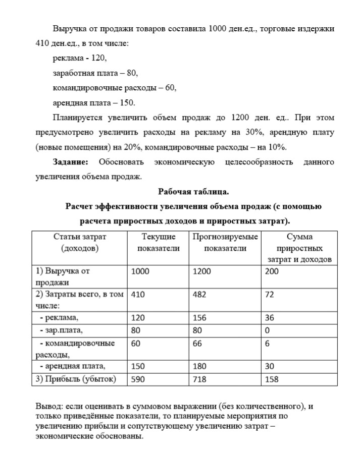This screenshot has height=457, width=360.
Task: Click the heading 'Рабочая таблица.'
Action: coord(193,192)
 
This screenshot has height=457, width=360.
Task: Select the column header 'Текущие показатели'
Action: coord(158,242)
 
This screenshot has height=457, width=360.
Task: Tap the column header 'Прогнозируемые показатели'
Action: coord(225,242)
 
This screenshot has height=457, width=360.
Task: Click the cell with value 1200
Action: coord(202,271)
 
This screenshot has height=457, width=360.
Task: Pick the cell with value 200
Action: coord(272,271)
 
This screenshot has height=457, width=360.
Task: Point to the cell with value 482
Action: coord(199,295)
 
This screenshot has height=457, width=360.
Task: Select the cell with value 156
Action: coord(199,318)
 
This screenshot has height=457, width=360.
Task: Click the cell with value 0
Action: coord(268,331)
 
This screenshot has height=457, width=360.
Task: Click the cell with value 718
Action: coord(199,379)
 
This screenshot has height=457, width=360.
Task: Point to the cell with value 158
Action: coord(272,379)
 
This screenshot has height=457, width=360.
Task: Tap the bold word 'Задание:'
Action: coord(71,162)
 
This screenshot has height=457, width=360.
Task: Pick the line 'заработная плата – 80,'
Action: coord(95,73)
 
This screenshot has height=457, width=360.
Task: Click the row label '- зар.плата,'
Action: coord(61,331)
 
